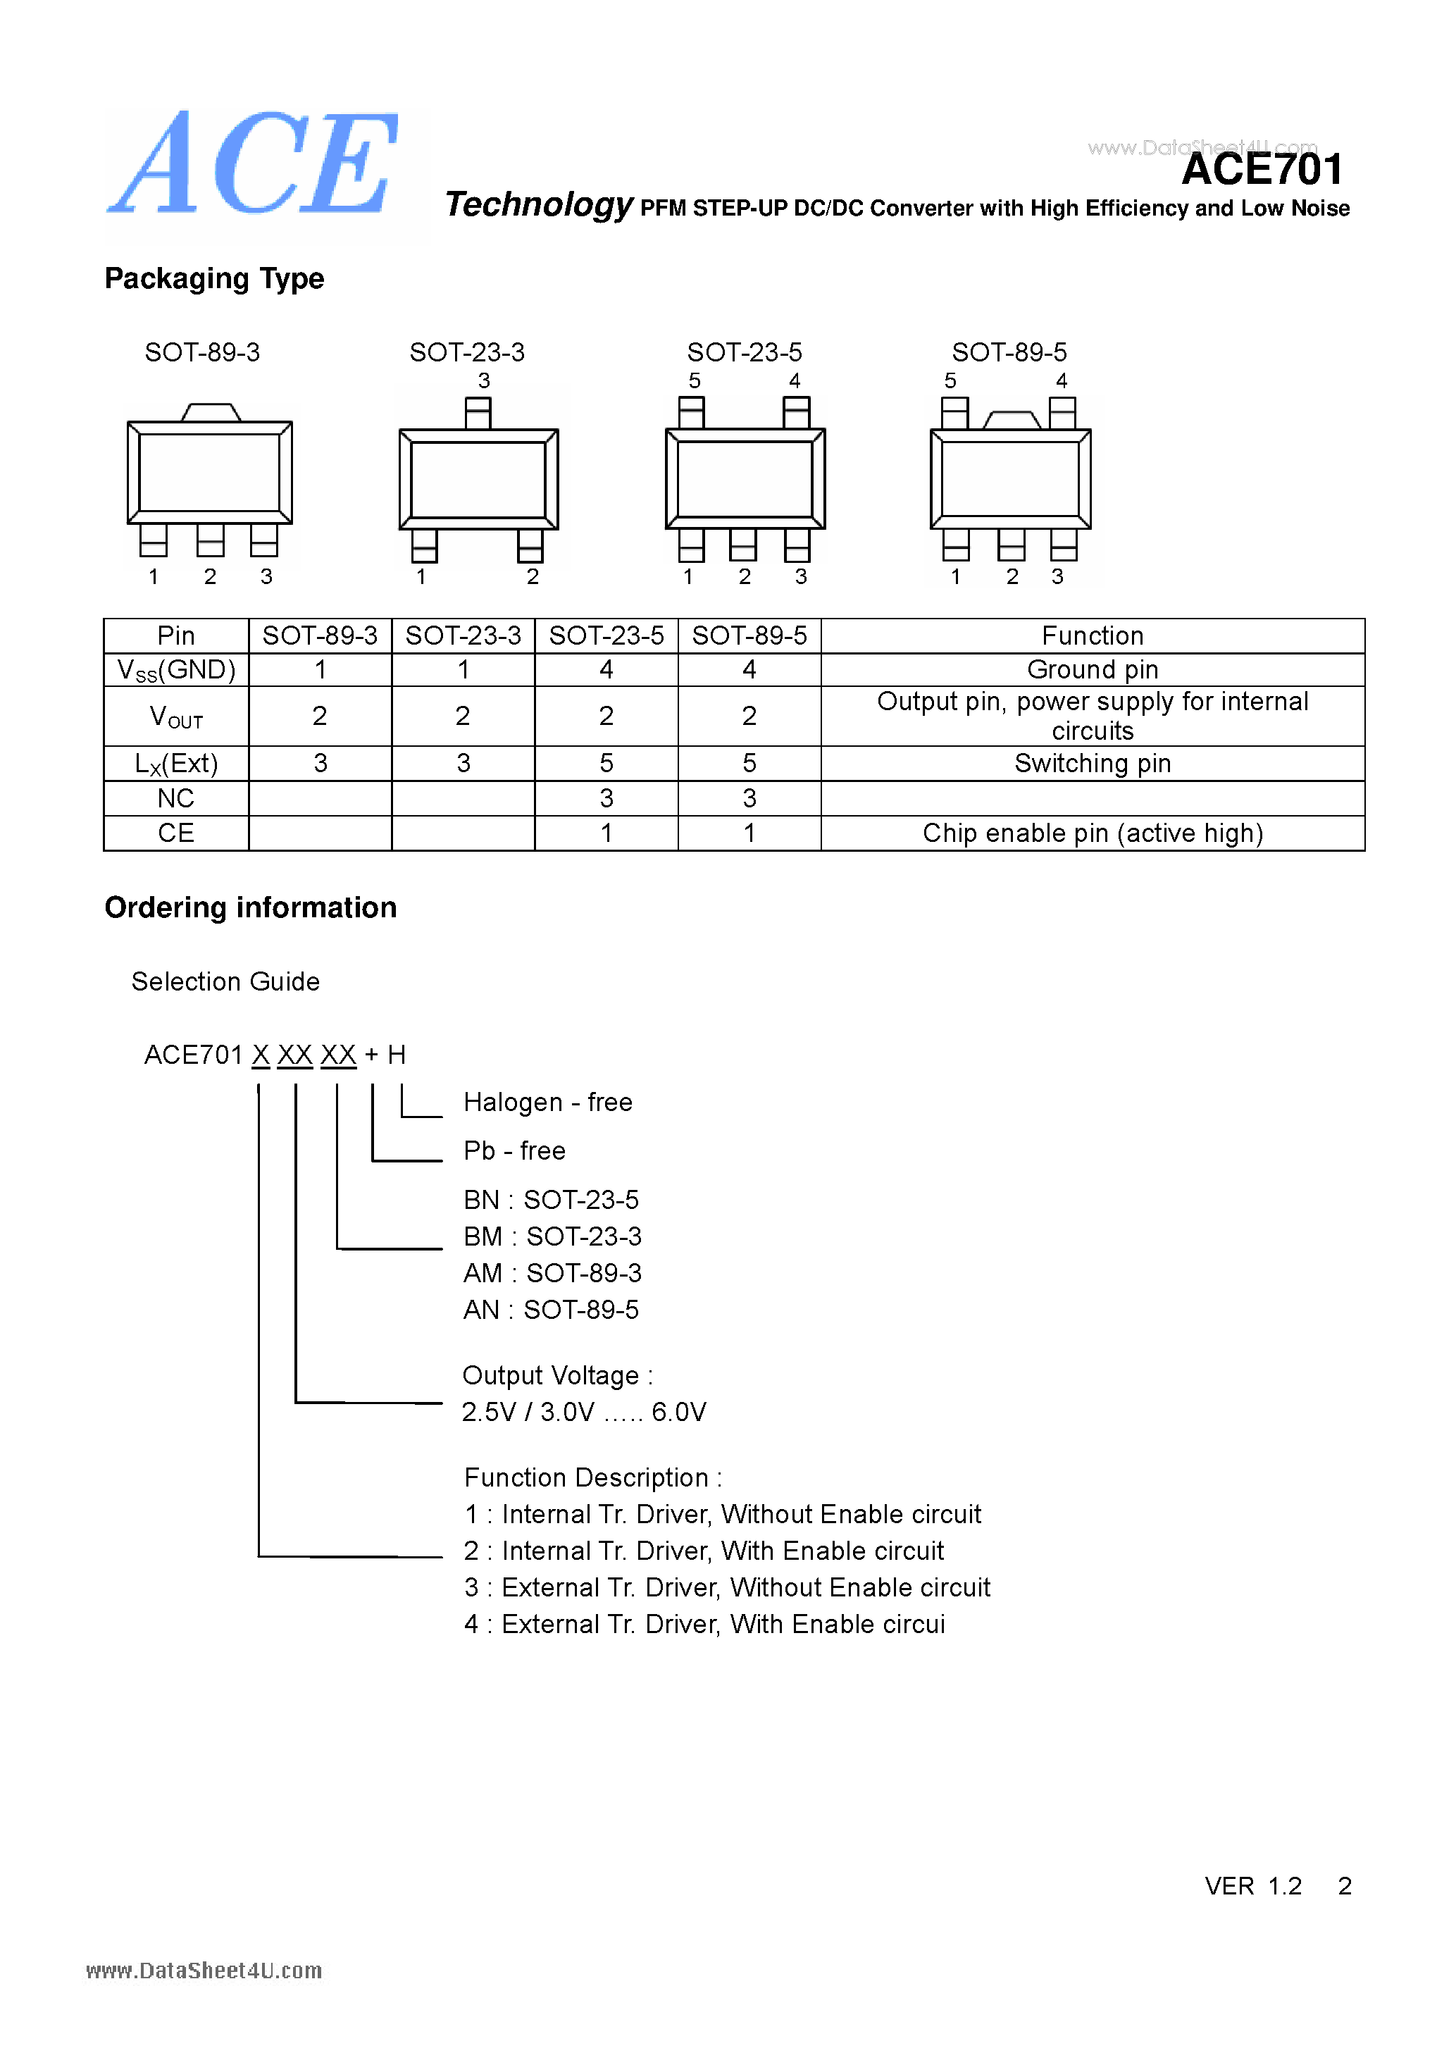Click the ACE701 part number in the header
[x=1262, y=170]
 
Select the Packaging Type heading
[x=214, y=279]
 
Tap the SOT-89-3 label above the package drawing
[x=202, y=352]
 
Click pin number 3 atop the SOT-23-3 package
[x=483, y=381]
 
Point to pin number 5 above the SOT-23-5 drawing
[x=695, y=381]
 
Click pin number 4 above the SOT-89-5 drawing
[x=1062, y=381]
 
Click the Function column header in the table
[x=1092, y=636]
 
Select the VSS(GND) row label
[x=176, y=670]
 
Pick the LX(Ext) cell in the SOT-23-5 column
[x=606, y=764]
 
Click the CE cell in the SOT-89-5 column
[x=749, y=833]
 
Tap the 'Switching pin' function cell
[x=1092, y=764]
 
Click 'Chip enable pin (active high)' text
[x=1092, y=833]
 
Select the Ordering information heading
[x=250, y=908]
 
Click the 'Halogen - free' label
[x=547, y=1103]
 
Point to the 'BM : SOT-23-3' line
[x=552, y=1237]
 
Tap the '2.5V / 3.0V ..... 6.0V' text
[x=583, y=1413]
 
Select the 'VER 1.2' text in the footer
[x=1252, y=1887]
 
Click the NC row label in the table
[x=176, y=798]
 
